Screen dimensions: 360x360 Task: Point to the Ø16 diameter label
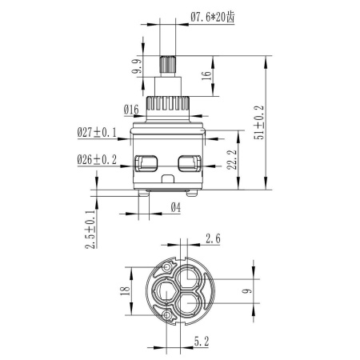[132, 109]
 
